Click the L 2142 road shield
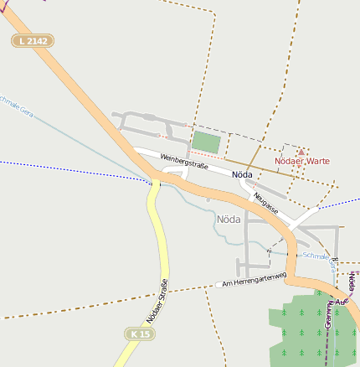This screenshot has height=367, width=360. click(x=33, y=41)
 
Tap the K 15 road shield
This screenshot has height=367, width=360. click(x=141, y=334)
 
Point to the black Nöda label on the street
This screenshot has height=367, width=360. click(x=242, y=175)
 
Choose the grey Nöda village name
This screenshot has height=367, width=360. click(x=229, y=220)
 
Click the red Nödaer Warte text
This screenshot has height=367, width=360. click(x=302, y=161)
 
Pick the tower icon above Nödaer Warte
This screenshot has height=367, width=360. click(x=301, y=149)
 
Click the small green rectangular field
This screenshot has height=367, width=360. click(x=206, y=142)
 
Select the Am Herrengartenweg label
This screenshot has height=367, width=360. click(x=255, y=278)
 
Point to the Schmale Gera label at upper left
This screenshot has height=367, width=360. click(x=17, y=106)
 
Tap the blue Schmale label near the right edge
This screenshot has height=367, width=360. click(x=316, y=256)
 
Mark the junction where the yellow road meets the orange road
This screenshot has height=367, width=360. click(x=156, y=181)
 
